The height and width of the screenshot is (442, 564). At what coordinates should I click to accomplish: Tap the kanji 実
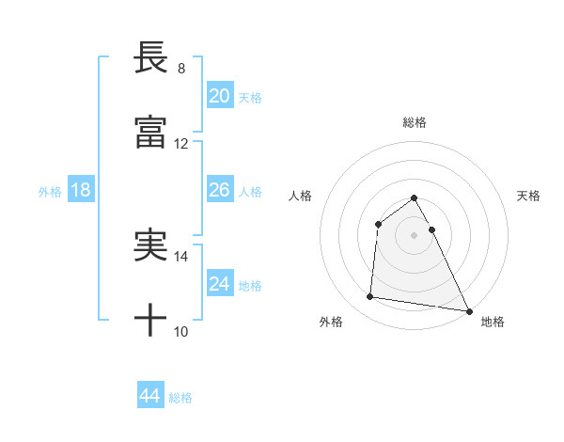(151, 246)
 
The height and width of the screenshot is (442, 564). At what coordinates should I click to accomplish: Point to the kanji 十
(151, 322)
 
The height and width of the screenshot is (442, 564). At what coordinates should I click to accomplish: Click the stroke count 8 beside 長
(181, 68)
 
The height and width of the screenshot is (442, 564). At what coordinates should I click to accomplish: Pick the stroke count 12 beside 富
(181, 144)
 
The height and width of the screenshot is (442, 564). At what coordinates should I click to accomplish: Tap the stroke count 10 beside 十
(181, 332)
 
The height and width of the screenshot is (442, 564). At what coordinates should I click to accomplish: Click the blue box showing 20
(220, 96)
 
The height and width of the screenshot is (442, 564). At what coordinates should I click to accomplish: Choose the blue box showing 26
(220, 190)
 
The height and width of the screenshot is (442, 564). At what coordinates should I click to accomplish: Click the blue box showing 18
(81, 190)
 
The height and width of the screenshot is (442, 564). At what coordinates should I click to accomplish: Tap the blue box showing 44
(150, 396)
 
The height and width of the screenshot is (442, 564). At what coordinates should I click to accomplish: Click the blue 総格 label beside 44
(180, 398)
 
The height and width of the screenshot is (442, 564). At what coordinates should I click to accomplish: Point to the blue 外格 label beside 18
(50, 192)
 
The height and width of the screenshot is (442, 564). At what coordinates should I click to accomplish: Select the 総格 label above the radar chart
(415, 122)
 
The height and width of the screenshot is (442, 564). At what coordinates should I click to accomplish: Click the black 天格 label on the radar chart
(528, 196)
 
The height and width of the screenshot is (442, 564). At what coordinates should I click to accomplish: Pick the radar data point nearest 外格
(370, 297)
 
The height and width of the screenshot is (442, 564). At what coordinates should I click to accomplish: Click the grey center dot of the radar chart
(415, 234)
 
